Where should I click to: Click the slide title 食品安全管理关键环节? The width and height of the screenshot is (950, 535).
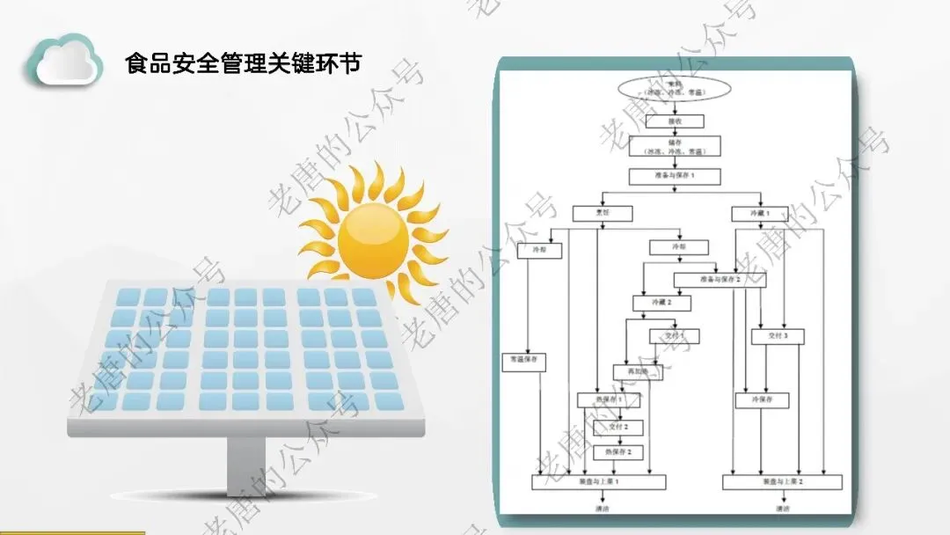pyautogui.click(x=243, y=63)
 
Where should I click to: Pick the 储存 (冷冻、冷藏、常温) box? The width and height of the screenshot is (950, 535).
pyautogui.click(x=674, y=145)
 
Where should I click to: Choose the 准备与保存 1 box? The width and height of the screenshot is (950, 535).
pyautogui.click(x=675, y=176)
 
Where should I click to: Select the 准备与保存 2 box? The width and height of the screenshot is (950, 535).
pyautogui.click(x=720, y=280)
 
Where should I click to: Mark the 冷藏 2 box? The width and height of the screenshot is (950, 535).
pyautogui.click(x=661, y=303)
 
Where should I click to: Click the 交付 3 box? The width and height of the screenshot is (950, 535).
pyautogui.click(x=778, y=336)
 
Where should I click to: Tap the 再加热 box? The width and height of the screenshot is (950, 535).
pyautogui.click(x=637, y=372)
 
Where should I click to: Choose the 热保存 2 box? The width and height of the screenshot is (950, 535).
pyautogui.click(x=618, y=451)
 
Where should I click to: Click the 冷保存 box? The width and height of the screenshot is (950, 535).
pyautogui.click(x=762, y=400)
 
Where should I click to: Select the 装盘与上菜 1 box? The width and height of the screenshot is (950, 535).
pyautogui.click(x=599, y=482)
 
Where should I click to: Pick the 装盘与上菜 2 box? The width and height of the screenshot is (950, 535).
pyautogui.click(x=782, y=482)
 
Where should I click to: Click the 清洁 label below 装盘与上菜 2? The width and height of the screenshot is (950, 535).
pyautogui.click(x=782, y=509)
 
